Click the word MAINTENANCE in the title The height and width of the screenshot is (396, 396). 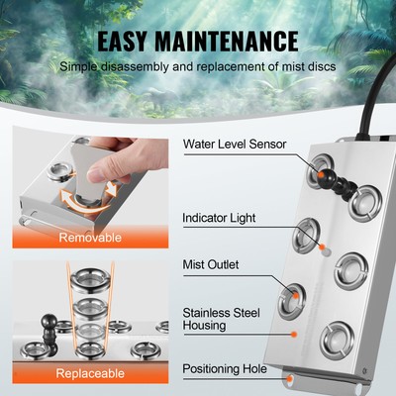[235, 42]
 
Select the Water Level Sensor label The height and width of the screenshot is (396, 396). [235, 144]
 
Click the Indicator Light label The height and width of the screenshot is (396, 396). [219, 217]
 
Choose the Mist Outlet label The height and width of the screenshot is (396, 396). [210, 264]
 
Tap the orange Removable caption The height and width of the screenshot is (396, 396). [90, 238]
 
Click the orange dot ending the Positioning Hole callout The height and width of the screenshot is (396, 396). [287, 375]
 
